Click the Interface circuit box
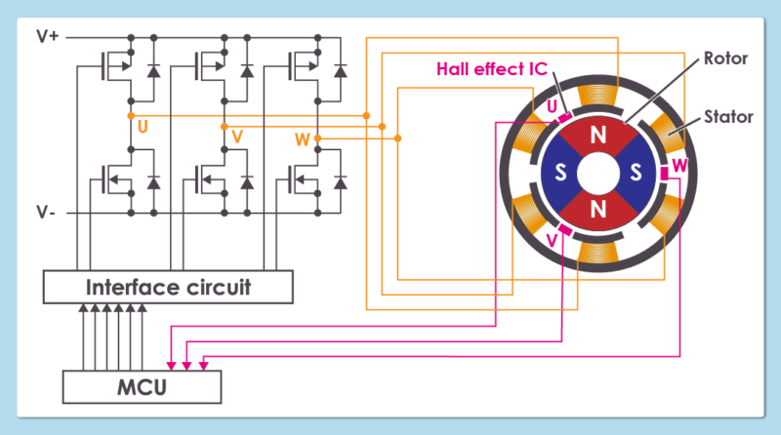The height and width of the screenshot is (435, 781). click(x=169, y=288)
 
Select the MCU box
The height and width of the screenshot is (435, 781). click(x=143, y=387)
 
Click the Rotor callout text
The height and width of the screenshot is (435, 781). click(x=725, y=59)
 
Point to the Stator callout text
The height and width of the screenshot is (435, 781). click(x=729, y=117)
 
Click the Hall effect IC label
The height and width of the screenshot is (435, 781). click(x=491, y=69)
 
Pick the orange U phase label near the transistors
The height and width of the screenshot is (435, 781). click(x=144, y=126)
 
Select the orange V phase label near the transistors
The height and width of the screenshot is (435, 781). click(x=237, y=137)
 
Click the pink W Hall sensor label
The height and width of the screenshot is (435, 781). click(x=680, y=166)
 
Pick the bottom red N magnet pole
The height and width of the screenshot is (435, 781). click(x=597, y=209)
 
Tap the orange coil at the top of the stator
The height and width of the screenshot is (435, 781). click(x=597, y=96)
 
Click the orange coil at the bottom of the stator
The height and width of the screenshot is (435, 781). click(x=597, y=252)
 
